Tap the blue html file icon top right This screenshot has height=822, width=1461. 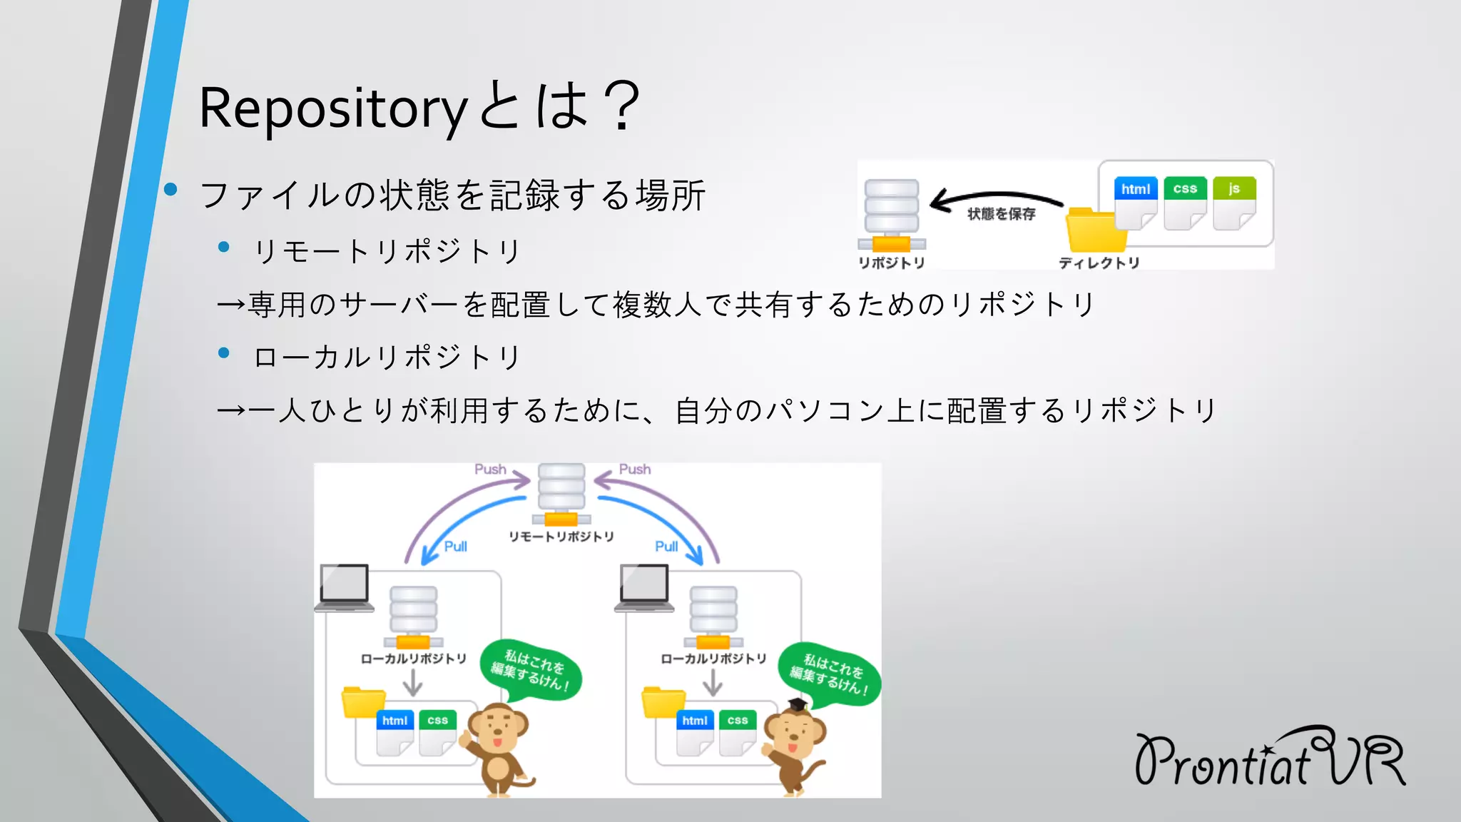pyautogui.click(x=1135, y=203)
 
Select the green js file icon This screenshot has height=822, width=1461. pyautogui.click(x=1233, y=203)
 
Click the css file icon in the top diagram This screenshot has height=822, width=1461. pyautogui.click(x=1185, y=203)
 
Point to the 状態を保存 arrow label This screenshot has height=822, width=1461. pyautogui.click(x=1001, y=214)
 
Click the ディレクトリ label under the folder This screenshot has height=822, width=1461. pyautogui.click(x=1099, y=263)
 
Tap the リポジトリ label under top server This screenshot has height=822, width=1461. pyautogui.click(x=891, y=263)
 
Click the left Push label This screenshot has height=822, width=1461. pyautogui.click(x=490, y=470)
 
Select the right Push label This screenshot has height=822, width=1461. pyautogui.click(x=634, y=470)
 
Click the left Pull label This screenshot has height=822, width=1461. pyautogui.click(x=455, y=547)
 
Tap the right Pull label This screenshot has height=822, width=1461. pyautogui.click(x=666, y=547)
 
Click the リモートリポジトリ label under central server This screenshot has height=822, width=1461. pyautogui.click(x=561, y=537)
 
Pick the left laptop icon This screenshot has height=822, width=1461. pyautogui.click(x=344, y=587)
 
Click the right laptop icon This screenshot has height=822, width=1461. pyautogui.click(x=644, y=587)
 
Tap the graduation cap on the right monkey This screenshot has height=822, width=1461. pyautogui.click(x=797, y=705)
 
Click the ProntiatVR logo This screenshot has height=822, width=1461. pyautogui.click(x=1269, y=758)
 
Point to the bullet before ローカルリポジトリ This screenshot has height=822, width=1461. pyautogui.click(x=224, y=353)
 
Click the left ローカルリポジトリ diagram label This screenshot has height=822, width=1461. pyautogui.click(x=413, y=659)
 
